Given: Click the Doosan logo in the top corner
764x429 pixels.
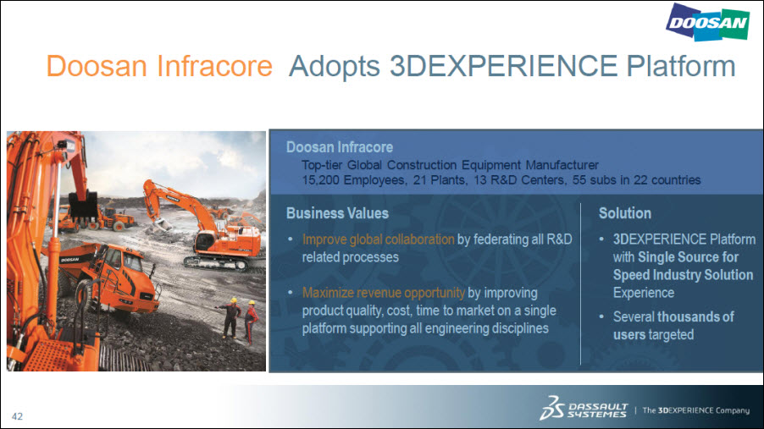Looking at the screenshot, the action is (x=707, y=22).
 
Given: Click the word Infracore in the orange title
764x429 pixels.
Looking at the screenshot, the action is (x=214, y=66).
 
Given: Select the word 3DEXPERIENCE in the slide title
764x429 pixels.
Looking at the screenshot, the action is (x=504, y=66).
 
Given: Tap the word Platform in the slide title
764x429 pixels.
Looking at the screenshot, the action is (x=681, y=66).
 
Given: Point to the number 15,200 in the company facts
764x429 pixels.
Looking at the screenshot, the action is (x=321, y=180).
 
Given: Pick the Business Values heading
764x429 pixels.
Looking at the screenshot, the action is (x=337, y=213).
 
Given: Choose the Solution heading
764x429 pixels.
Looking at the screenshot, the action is (x=624, y=213).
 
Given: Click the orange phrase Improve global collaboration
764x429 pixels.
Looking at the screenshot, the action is (x=378, y=239).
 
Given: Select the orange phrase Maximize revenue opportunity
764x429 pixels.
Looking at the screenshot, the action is (x=384, y=293).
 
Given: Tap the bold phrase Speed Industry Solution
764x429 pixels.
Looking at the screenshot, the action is (x=684, y=275).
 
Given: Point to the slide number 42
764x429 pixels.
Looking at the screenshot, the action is (x=17, y=416).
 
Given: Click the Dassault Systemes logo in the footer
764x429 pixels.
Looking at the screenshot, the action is (x=584, y=408).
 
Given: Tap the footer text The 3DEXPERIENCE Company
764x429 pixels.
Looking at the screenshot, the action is (x=695, y=410).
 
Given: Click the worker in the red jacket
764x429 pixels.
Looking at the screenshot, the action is (x=251, y=322).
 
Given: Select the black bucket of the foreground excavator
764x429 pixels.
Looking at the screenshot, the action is (x=83, y=205).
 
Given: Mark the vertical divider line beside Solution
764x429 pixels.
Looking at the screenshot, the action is (x=581, y=284).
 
